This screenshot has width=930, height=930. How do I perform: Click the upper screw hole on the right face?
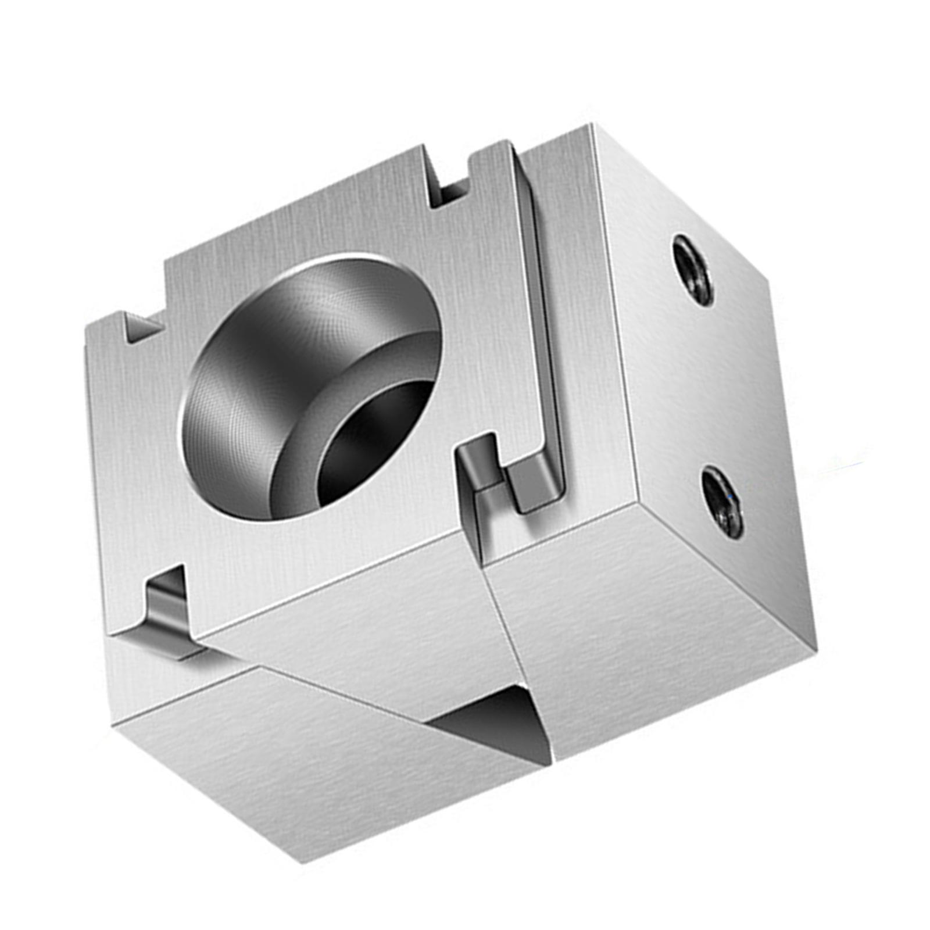click(x=693, y=270)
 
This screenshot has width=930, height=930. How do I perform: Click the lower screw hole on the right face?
click(x=722, y=502)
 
